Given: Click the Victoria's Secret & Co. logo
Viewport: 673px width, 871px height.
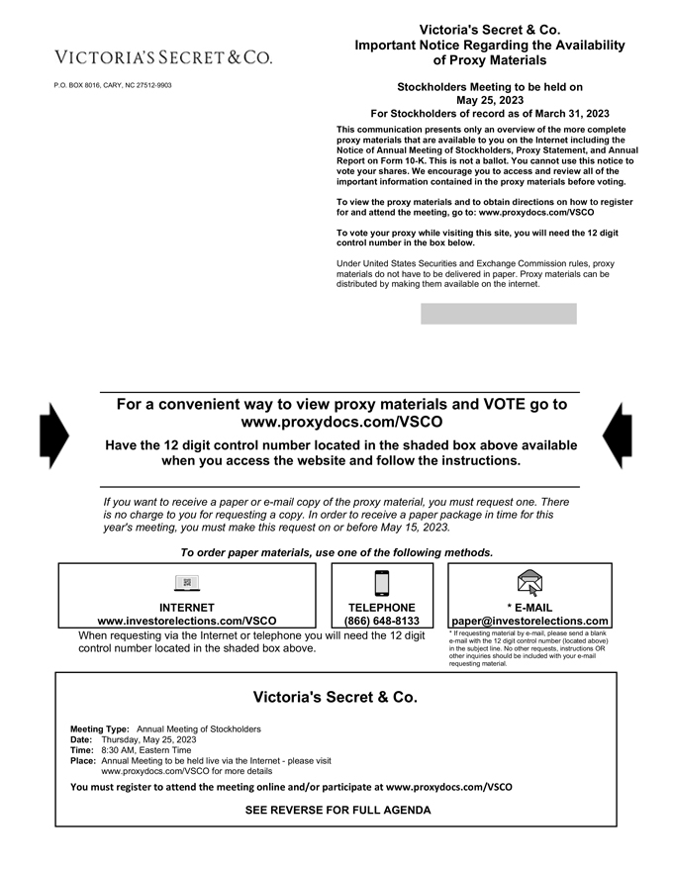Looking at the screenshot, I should [164, 57].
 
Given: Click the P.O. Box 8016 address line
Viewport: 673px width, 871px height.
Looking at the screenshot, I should [112, 85].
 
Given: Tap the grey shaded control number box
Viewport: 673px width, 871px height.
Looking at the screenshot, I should [498, 314].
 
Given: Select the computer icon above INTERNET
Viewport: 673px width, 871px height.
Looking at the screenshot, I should [187, 583].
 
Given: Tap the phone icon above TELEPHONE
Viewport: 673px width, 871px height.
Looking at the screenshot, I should [382, 583].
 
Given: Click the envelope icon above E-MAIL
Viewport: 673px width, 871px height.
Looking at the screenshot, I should [530, 583].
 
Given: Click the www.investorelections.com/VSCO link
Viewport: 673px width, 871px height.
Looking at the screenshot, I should [187, 622].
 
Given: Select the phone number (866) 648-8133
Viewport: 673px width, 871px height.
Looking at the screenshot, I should [382, 622].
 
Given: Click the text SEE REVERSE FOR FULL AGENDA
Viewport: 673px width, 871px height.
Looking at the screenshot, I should [337, 810].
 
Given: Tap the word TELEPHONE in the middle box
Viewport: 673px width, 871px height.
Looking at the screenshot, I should [382, 608].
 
